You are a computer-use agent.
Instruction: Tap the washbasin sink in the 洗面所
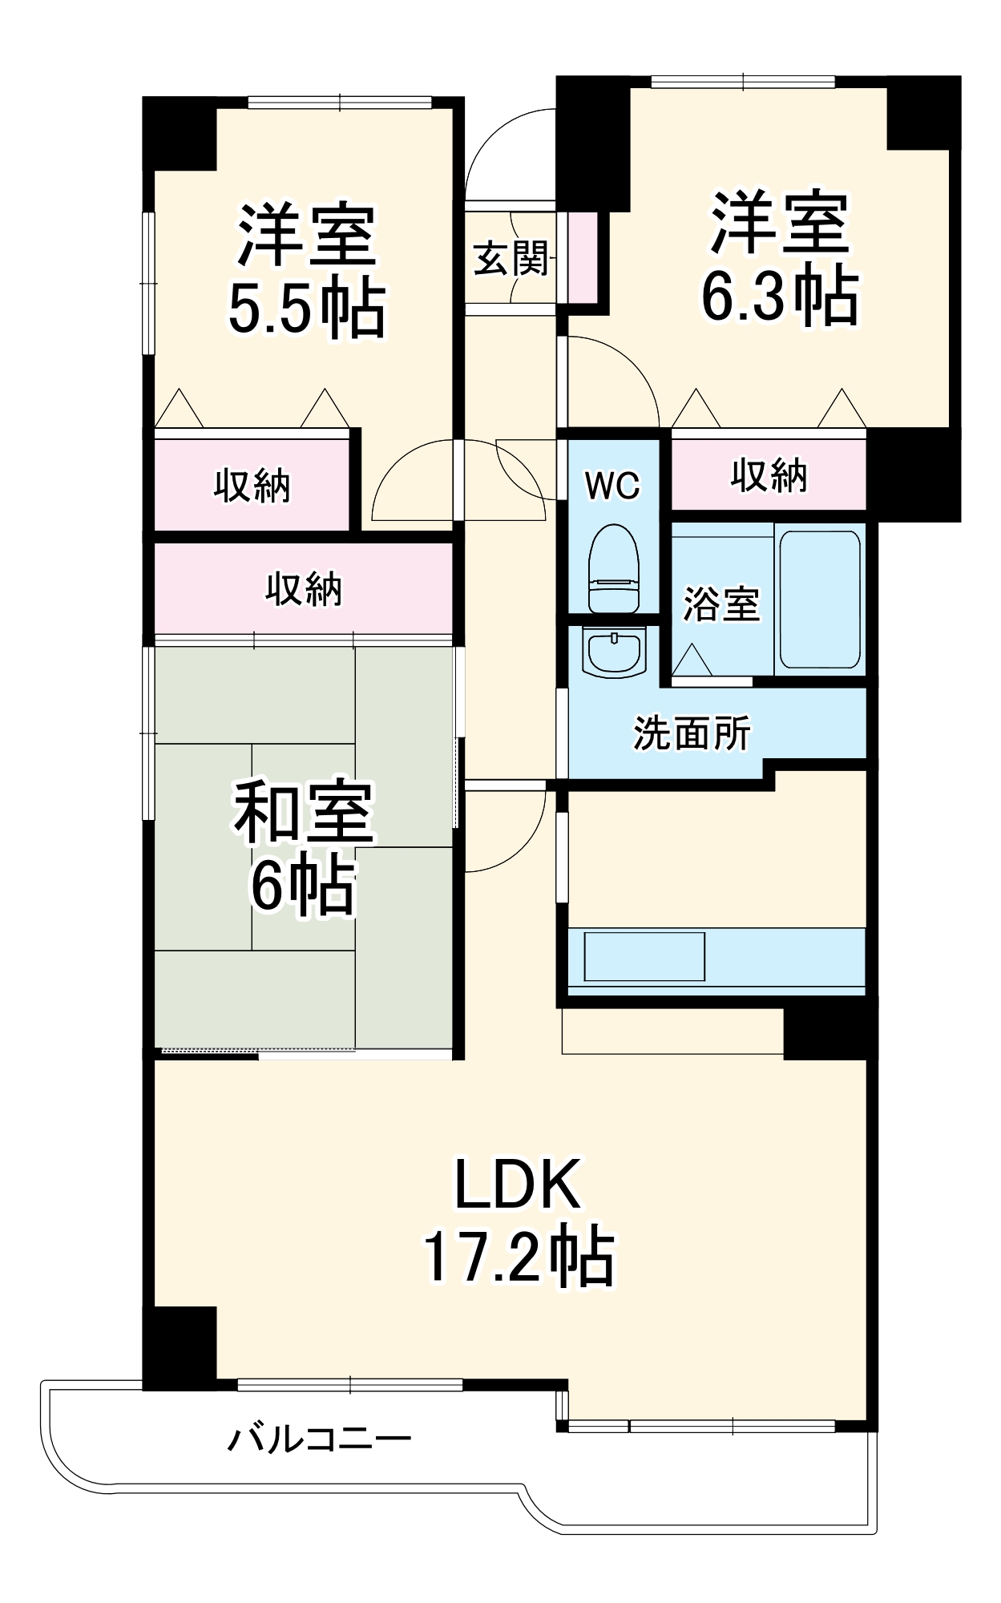click(x=616, y=652)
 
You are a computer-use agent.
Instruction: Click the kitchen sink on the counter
click(x=644, y=955)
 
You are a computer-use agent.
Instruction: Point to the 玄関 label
click(x=511, y=258)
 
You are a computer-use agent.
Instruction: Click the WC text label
click(x=613, y=485)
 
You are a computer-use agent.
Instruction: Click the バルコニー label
click(x=318, y=1439)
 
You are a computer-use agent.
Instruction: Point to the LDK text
click(x=517, y=1185)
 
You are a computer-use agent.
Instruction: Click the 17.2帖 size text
click(x=519, y=1257)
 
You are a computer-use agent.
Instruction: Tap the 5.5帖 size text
click(x=306, y=309)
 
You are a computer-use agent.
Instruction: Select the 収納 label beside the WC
click(x=768, y=476)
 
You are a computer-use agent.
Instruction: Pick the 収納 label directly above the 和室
click(x=304, y=589)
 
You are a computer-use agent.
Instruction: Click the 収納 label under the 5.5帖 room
click(x=252, y=486)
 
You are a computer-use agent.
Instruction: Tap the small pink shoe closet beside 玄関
click(x=583, y=257)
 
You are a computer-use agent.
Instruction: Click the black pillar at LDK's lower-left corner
click(x=181, y=1346)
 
